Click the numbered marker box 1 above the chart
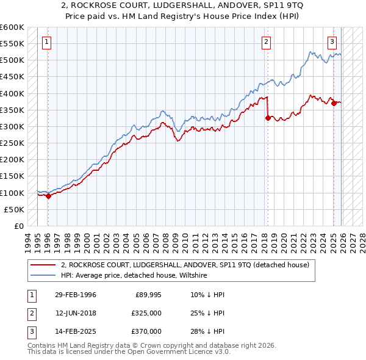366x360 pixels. click(47, 42)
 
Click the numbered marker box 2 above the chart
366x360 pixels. click(267, 42)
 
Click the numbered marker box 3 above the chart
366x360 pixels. click(332, 42)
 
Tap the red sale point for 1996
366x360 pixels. click(48, 196)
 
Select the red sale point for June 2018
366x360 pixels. click(268, 118)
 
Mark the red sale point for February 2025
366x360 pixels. click(334, 104)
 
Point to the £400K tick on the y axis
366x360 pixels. click(12, 93)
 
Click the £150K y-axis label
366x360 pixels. click(12, 176)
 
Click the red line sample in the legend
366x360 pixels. click(43, 265)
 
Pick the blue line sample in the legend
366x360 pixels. click(43, 276)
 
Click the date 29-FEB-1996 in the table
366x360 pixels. click(76, 295)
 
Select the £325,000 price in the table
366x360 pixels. click(146, 313)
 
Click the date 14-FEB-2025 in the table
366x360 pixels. click(76, 331)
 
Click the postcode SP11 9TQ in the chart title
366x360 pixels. click(239, 7)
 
